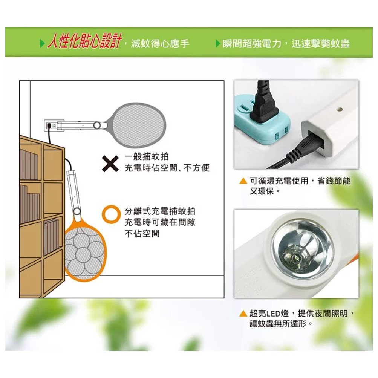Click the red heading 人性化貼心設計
pyautogui.click(x=85, y=41)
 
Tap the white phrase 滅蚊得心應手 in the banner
pyautogui.click(x=160, y=44)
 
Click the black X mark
pyautogui.click(x=110, y=164)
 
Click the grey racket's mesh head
pyautogui.click(x=139, y=125)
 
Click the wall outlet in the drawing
pyautogui.click(x=51, y=125)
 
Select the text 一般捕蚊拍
pyautogui.click(x=147, y=156)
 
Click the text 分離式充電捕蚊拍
pyautogui.click(x=160, y=211)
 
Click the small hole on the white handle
pyautogui.click(x=340, y=109)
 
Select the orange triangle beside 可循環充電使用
pyautogui.click(x=243, y=181)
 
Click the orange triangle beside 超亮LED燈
pyautogui.click(x=243, y=314)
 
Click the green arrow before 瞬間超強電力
pyautogui.click(x=218, y=44)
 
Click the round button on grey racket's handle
pyautogui.click(x=97, y=125)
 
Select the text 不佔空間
pyautogui.click(x=142, y=233)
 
